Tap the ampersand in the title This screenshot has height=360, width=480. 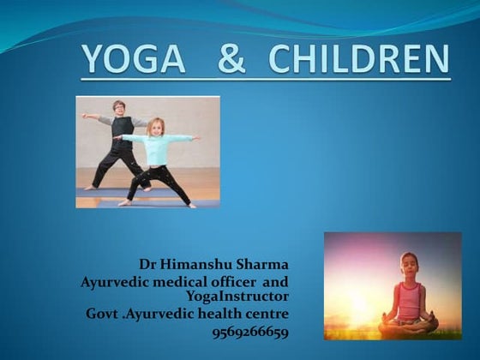point(233,59)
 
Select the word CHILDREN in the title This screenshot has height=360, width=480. point(358,59)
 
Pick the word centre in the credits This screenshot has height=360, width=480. point(264,314)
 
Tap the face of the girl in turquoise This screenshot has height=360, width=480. point(158,126)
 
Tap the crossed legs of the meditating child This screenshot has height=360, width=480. point(408,325)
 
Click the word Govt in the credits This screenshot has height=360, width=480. point(102,314)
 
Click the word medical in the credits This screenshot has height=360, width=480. point(174,280)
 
